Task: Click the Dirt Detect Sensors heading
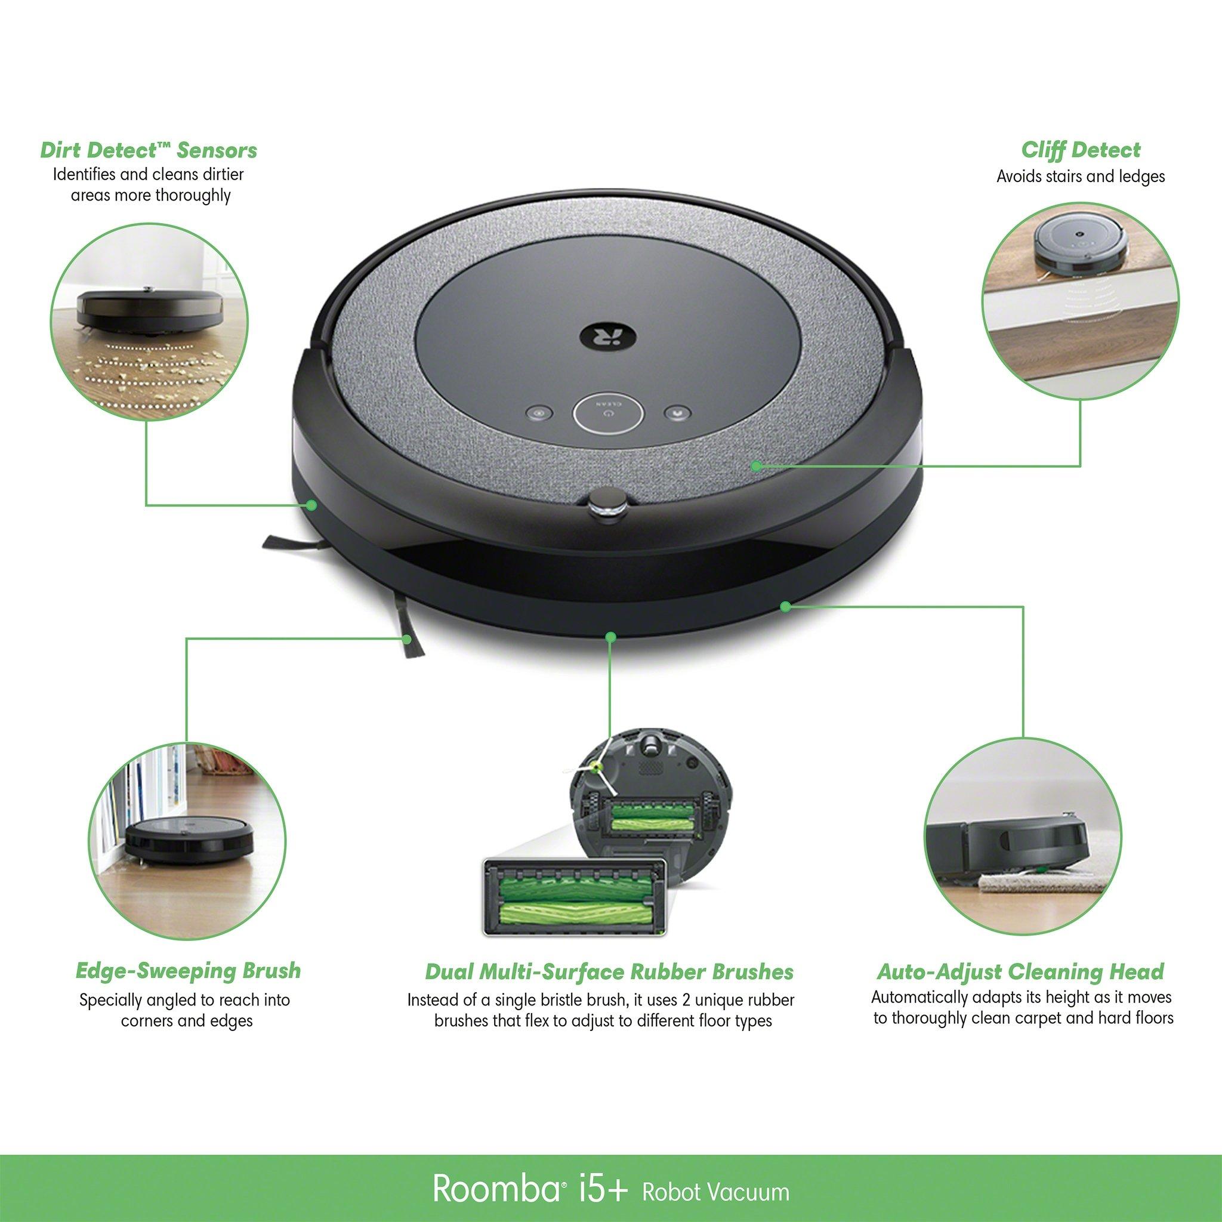click(149, 150)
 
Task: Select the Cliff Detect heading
click(1081, 150)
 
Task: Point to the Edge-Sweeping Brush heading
click(188, 971)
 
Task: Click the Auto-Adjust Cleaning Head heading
click(1020, 971)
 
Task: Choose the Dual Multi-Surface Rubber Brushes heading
click(609, 971)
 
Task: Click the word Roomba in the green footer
click(494, 1190)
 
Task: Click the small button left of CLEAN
click(539, 414)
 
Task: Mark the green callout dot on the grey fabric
click(756, 465)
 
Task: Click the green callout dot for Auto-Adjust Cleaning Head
click(785, 607)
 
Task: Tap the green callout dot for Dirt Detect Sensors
click(311, 505)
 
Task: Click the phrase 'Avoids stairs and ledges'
click(1081, 177)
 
